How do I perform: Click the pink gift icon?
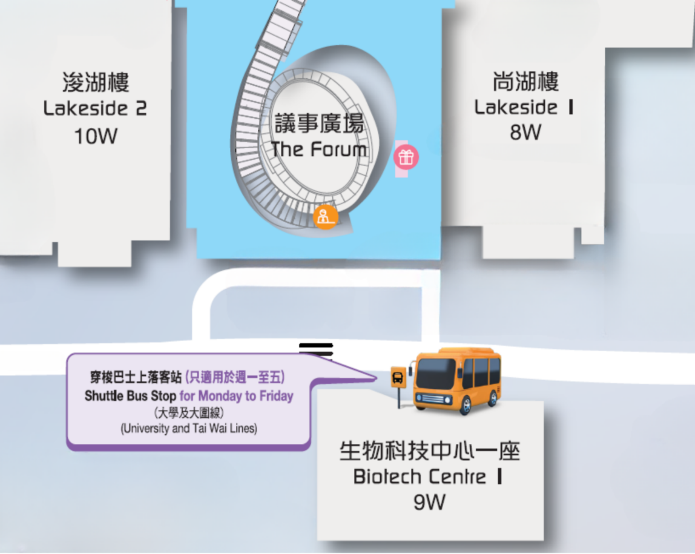click(x=406, y=157)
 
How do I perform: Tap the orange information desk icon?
click(x=326, y=217)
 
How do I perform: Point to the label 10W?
click(x=96, y=136)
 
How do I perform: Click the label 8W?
click(x=525, y=132)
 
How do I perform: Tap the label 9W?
click(x=429, y=502)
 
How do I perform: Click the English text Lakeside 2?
click(x=95, y=108)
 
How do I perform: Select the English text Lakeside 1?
click(x=524, y=107)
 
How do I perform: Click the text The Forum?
click(x=319, y=150)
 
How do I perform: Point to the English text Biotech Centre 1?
click(x=428, y=477)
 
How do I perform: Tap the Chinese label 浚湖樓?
click(x=96, y=82)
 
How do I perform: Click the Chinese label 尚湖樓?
click(x=525, y=81)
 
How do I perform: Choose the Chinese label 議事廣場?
click(x=320, y=123)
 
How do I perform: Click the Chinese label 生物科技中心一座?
click(x=430, y=450)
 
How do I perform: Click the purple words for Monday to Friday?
click(x=237, y=395)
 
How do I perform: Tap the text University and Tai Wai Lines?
click(x=189, y=429)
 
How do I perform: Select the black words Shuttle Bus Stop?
click(x=130, y=395)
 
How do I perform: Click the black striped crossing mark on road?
click(x=315, y=349)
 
